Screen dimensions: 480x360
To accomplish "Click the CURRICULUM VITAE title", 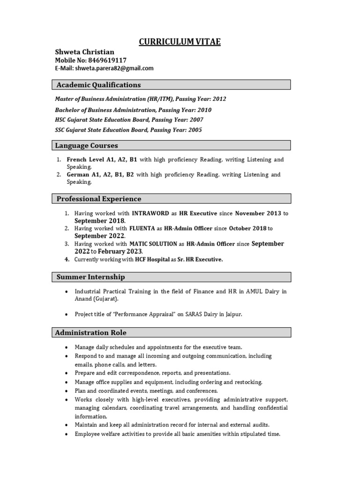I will [180, 42].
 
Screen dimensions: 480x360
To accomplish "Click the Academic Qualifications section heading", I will [98, 85].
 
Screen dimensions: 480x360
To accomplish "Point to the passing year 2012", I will [219, 99].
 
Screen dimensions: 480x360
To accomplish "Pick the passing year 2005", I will [195, 130].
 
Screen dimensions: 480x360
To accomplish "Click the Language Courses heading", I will [87, 145].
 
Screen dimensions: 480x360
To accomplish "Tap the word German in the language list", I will [78, 174].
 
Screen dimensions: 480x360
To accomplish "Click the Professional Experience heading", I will [99, 199].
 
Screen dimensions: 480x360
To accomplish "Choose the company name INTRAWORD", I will [150, 213].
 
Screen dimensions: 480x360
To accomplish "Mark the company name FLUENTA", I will [142, 228].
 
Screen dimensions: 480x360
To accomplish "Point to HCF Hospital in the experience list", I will [152, 259].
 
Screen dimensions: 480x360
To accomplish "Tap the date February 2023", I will [119, 251].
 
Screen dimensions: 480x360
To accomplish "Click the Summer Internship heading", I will [90, 277].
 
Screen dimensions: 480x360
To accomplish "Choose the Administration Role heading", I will [91, 332].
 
